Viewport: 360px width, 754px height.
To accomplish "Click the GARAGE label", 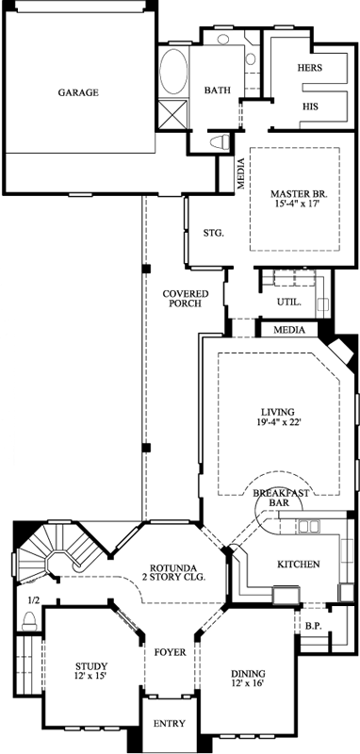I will click(x=78, y=92).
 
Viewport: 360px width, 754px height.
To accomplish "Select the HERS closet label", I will click(x=310, y=69).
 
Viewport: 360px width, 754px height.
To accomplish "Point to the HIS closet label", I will click(x=310, y=107).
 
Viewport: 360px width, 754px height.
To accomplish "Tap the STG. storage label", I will click(x=212, y=233).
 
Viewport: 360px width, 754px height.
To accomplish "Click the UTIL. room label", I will click(x=288, y=303).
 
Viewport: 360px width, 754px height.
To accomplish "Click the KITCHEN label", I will click(x=298, y=565).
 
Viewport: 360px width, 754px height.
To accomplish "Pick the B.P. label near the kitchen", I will click(x=314, y=624).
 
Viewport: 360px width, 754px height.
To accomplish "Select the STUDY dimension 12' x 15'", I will click(x=91, y=675).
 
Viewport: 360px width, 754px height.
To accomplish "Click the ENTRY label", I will click(x=171, y=724).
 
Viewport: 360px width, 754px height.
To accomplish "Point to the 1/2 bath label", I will click(x=34, y=600).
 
